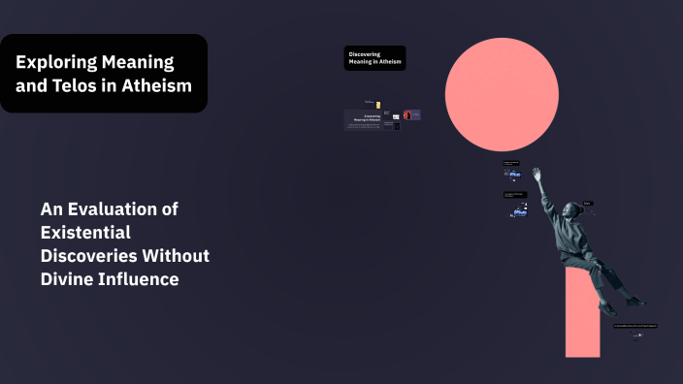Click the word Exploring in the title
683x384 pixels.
point(56,63)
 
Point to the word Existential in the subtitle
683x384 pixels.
point(85,232)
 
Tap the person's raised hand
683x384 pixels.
point(536,174)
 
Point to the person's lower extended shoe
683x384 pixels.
point(637,303)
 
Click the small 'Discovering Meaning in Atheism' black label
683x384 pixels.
point(374,58)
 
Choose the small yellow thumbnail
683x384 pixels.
point(377,104)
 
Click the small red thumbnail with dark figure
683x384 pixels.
point(407,114)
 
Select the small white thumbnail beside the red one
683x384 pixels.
point(396,115)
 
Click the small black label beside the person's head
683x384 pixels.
point(588,203)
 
